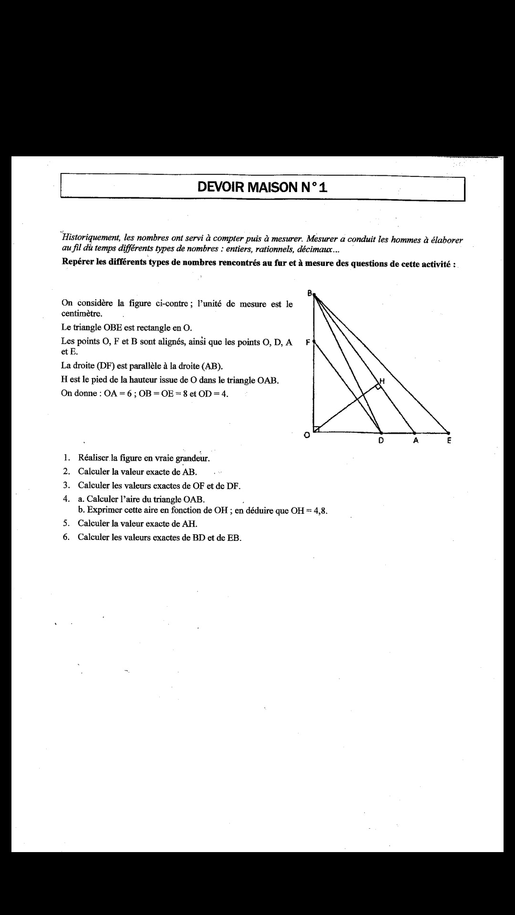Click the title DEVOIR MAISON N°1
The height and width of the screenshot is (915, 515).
coord(262,187)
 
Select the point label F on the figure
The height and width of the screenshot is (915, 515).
coord(308,342)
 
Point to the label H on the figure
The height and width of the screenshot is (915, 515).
coord(382,381)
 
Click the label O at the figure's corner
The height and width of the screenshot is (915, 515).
coord(308,435)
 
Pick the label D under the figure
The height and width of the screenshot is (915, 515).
coord(381,441)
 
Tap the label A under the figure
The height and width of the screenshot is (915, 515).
coord(415,441)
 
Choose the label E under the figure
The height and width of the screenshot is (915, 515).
coord(449,441)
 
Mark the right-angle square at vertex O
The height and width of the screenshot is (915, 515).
coord(317,429)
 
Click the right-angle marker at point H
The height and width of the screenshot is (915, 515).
coord(378,386)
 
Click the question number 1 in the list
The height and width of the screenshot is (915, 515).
coord(66,458)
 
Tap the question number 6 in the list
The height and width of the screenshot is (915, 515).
coord(66,537)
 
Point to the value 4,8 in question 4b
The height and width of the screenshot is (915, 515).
coord(319,511)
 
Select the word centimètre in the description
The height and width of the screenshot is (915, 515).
coord(82,314)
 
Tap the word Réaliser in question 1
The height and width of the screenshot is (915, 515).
coord(93,458)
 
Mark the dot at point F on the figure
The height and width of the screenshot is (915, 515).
coord(314,342)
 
